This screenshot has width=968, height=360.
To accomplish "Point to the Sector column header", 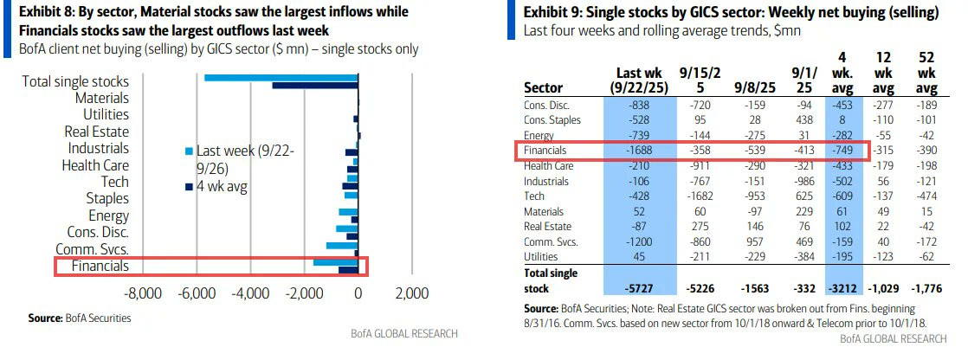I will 544,87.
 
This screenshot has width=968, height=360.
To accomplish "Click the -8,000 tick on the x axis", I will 144,293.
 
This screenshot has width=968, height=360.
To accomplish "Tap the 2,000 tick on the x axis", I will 411,293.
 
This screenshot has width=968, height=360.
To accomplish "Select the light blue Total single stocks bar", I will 281,78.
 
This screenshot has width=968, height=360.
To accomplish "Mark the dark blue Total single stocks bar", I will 315,86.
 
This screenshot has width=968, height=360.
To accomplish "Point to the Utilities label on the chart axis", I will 106,115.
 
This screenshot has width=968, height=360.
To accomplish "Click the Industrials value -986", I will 802,182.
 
